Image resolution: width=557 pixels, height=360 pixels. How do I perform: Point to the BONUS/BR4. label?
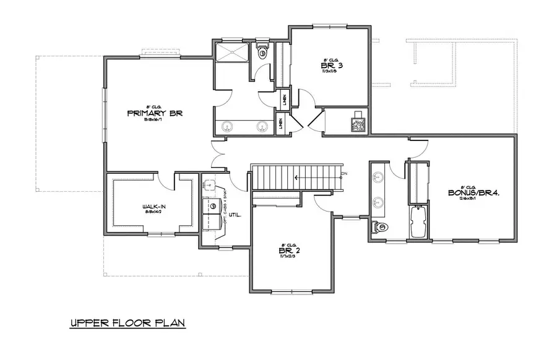[473, 192]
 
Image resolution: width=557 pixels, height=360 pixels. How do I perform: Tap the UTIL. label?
[235, 215]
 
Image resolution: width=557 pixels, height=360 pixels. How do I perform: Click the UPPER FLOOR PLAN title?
[127, 323]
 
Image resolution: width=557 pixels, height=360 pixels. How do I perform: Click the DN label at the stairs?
[344, 173]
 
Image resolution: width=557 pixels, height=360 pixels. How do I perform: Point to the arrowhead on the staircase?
[297, 178]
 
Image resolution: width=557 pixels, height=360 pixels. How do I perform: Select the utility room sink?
[210, 184]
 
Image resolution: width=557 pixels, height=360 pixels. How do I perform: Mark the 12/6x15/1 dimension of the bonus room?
[473, 199]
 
